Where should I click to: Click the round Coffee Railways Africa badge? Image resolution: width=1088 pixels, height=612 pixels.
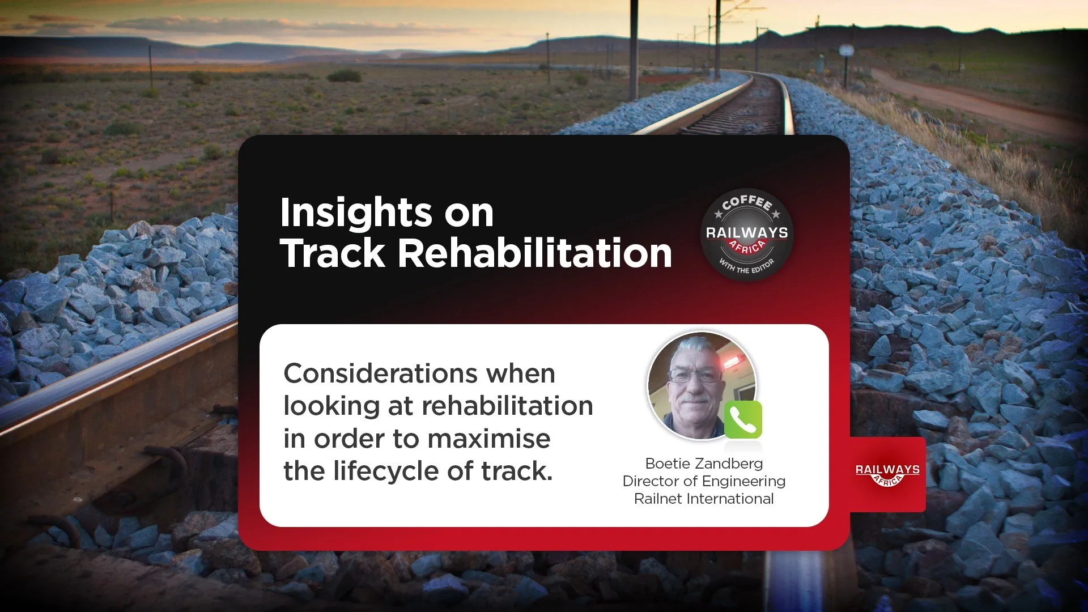(747, 235)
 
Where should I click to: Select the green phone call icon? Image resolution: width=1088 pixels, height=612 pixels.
(743, 419)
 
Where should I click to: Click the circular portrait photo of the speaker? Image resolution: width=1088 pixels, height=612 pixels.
(702, 386)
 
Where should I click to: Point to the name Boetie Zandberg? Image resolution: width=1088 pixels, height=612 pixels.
(704, 464)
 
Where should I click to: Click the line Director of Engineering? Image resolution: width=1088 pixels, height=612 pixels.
(704, 481)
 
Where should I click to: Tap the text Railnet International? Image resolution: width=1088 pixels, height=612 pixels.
(704, 499)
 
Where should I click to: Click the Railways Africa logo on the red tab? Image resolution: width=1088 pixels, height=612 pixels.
(887, 474)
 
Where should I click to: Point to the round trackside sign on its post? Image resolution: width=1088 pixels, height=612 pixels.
(847, 51)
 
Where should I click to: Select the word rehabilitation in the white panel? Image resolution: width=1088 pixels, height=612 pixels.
(507, 406)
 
